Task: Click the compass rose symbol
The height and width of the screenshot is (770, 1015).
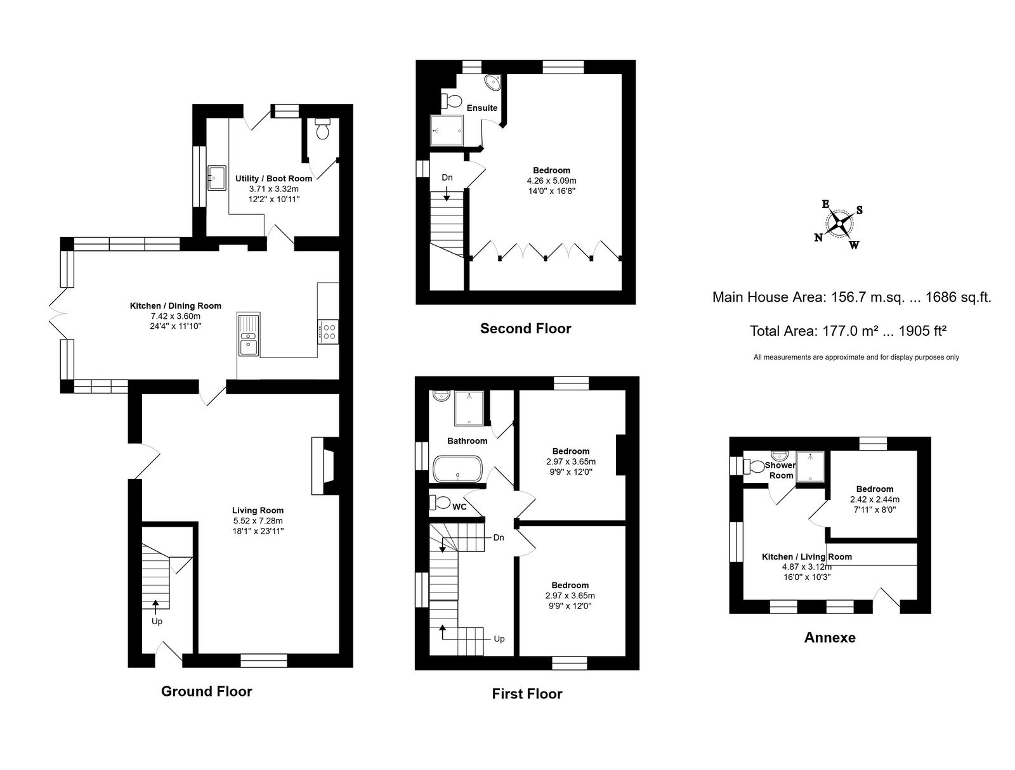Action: [x=839, y=224]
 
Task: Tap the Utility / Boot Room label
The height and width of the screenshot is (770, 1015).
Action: [x=274, y=178]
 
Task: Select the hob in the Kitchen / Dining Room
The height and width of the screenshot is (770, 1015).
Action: [x=328, y=331]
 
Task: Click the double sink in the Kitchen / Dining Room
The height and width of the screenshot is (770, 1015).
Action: [x=248, y=334]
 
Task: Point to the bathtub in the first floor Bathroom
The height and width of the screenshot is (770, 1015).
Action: [x=457, y=469]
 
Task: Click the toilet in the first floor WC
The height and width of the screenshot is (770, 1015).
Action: [x=439, y=502]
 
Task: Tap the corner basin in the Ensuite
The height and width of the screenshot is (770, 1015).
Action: [x=493, y=82]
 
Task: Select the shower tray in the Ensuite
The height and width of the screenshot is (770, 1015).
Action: [x=446, y=131]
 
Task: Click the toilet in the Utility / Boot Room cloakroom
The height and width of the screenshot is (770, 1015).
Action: [x=322, y=129]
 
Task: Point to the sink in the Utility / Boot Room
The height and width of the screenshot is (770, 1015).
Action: [x=216, y=178]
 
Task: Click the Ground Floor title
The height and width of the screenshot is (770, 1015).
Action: [x=207, y=691]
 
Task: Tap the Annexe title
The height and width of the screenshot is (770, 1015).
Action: [x=830, y=638]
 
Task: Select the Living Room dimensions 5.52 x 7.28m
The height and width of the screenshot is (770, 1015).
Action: [x=258, y=520]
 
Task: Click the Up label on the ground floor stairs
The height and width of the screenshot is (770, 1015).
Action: [x=157, y=622]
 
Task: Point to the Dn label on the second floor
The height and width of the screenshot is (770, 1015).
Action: [x=447, y=178]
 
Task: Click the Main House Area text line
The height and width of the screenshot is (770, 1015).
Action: [x=852, y=297]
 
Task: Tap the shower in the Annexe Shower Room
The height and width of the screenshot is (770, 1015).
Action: [x=810, y=467]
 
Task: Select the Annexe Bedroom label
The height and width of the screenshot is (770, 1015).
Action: [x=874, y=489]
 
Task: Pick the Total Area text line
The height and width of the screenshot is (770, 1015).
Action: [x=848, y=331]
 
